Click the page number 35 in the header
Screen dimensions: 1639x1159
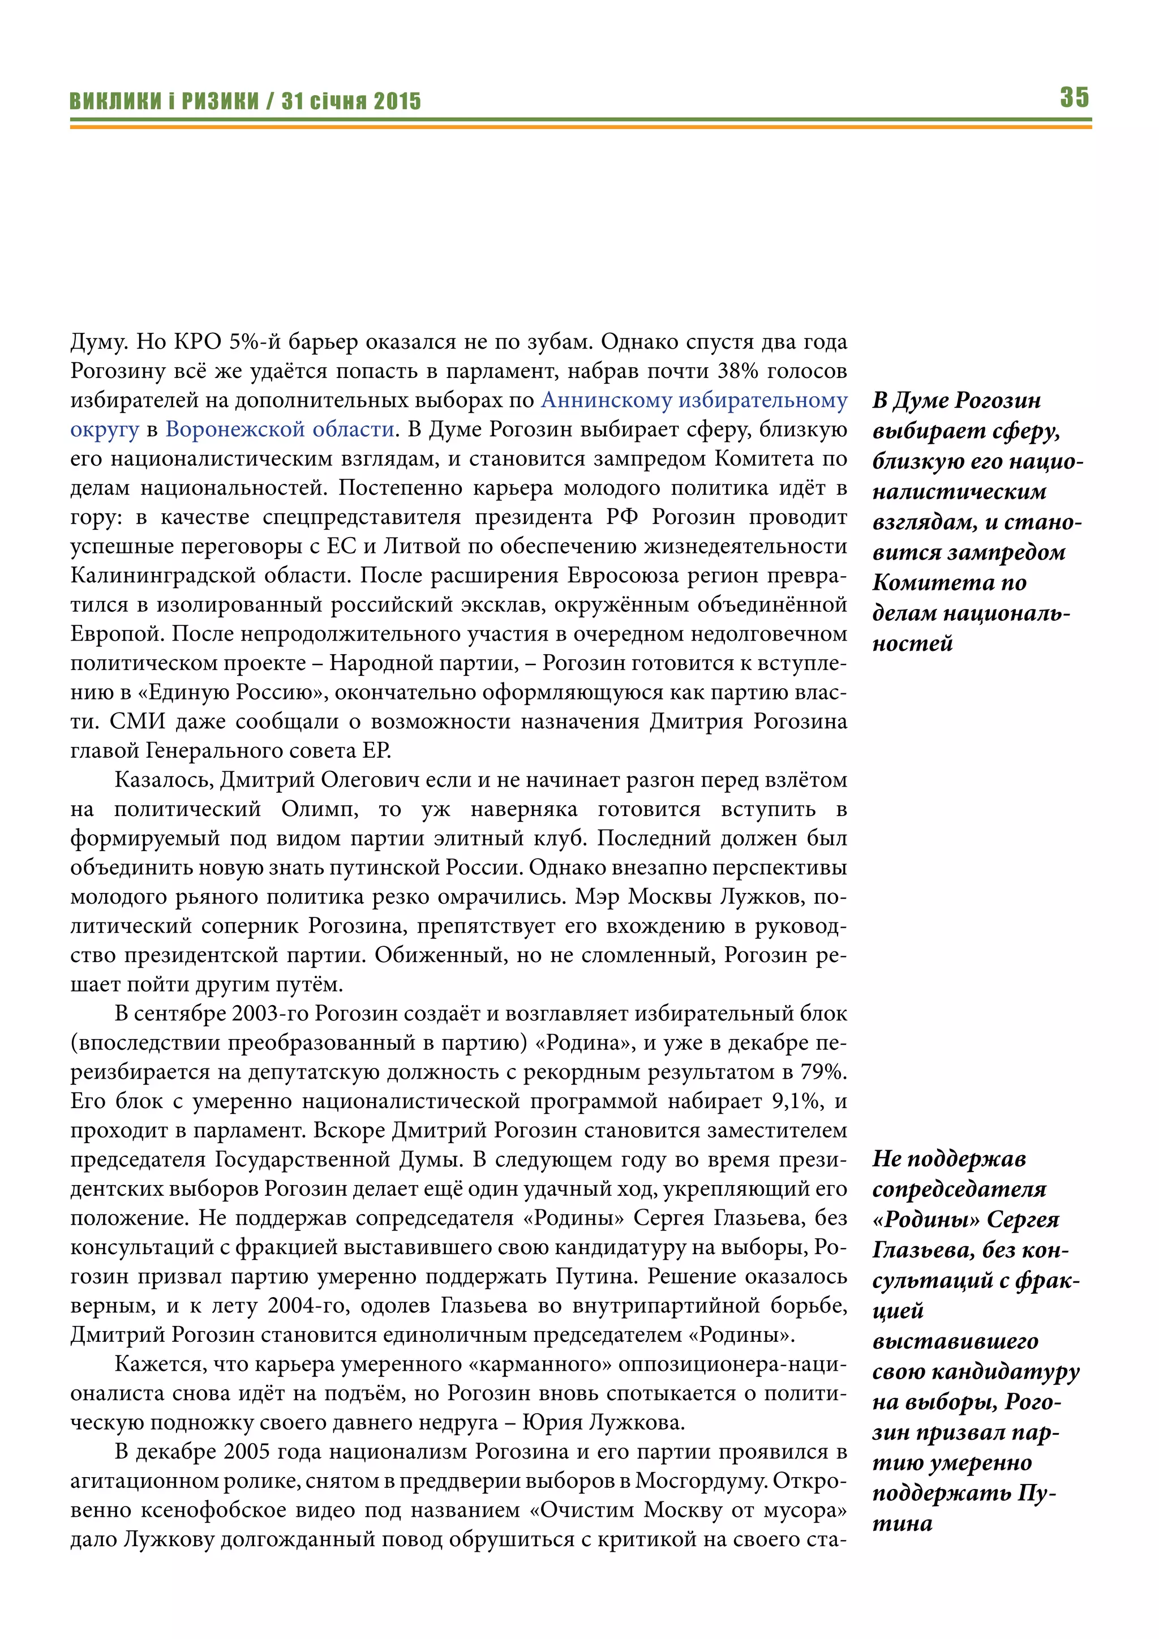click(x=1074, y=97)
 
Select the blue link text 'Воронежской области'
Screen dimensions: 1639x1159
click(x=279, y=429)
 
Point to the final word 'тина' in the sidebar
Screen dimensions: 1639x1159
click(x=902, y=1524)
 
